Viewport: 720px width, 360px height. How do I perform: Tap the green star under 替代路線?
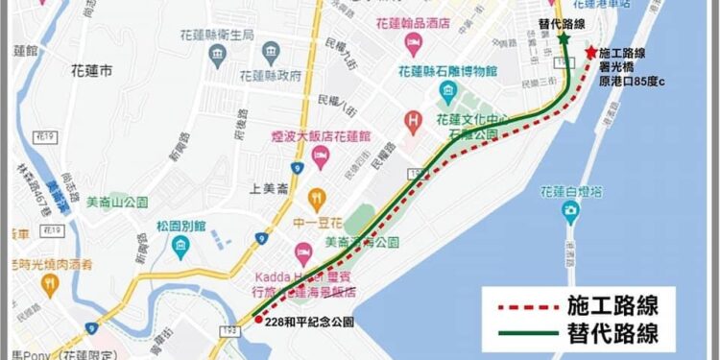pyautogui.click(x=564, y=37)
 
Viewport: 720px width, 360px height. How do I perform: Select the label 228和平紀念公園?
pyautogui.click(x=310, y=323)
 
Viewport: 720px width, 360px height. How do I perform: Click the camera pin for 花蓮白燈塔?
pyautogui.click(x=571, y=209)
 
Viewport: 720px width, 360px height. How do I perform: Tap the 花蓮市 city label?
pyautogui.click(x=93, y=71)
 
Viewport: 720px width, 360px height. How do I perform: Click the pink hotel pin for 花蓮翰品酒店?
pyautogui.click(x=413, y=41)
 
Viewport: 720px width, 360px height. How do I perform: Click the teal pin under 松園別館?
pyautogui.click(x=180, y=246)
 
